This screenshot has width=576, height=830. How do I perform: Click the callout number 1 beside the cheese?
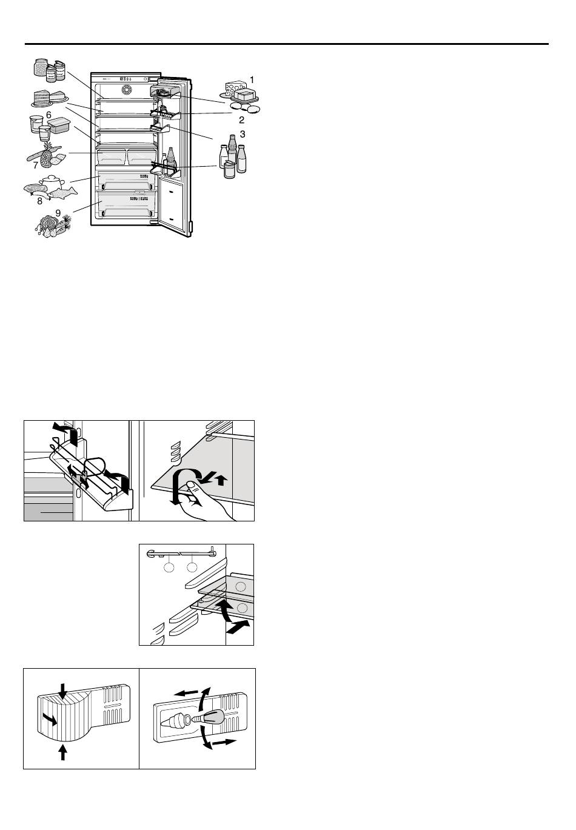point(252,80)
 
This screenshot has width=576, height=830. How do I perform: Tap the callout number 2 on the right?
point(242,119)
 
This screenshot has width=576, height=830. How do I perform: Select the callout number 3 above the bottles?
point(243,134)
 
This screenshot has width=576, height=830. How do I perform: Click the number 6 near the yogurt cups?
point(49,115)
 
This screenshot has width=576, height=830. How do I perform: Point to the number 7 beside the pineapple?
point(36,166)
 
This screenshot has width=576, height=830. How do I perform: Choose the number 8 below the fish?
point(39,201)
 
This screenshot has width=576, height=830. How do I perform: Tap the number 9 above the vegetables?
point(58,213)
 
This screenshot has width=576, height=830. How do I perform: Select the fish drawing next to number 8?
point(62,192)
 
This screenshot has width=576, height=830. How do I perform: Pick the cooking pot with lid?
point(52,182)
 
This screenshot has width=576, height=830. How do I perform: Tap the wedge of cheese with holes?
point(235,88)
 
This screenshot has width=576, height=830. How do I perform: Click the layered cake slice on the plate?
point(42,98)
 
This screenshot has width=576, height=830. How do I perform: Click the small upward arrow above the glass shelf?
point(221,480)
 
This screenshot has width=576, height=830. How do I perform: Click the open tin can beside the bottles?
point(229,170)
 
